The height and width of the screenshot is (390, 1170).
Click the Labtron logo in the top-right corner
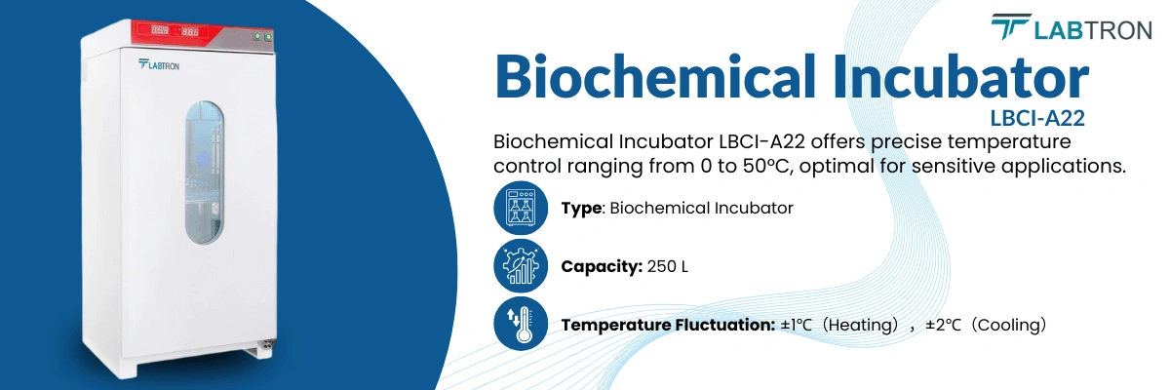pyautogui.click(x=1072, y=28)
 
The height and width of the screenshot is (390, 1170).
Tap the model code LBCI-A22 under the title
pyautogui.click(x=1037, y=118)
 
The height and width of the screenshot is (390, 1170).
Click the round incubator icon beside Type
pyautogui.click(x=521, y=208)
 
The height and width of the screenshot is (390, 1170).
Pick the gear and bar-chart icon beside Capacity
pyautogui.click(x=521, y=266)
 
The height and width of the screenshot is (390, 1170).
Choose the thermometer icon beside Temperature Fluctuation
pyautogui.click(x=521, y=325)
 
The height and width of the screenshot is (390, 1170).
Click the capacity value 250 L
pyautogui.click(x=668, y=266)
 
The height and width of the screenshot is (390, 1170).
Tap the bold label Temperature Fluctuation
pyautogui.click(x=668, y=325)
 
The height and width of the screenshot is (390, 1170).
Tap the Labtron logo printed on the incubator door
pyautogui.click(x=159, y=65)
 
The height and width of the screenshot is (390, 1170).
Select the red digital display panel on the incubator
pyautogui.click(x=176, y=31)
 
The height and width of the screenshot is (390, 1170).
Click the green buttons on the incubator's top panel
pyautogui.click(x=261, y=37)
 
